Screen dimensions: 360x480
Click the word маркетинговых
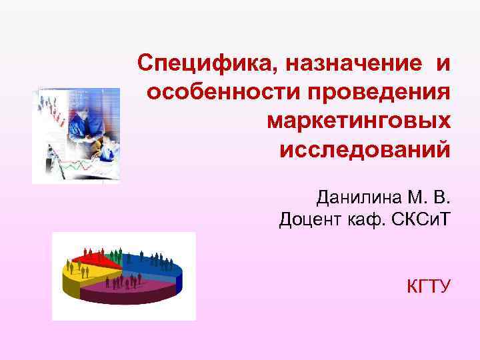point(359,122)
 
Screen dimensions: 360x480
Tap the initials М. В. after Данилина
point(431,198)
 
